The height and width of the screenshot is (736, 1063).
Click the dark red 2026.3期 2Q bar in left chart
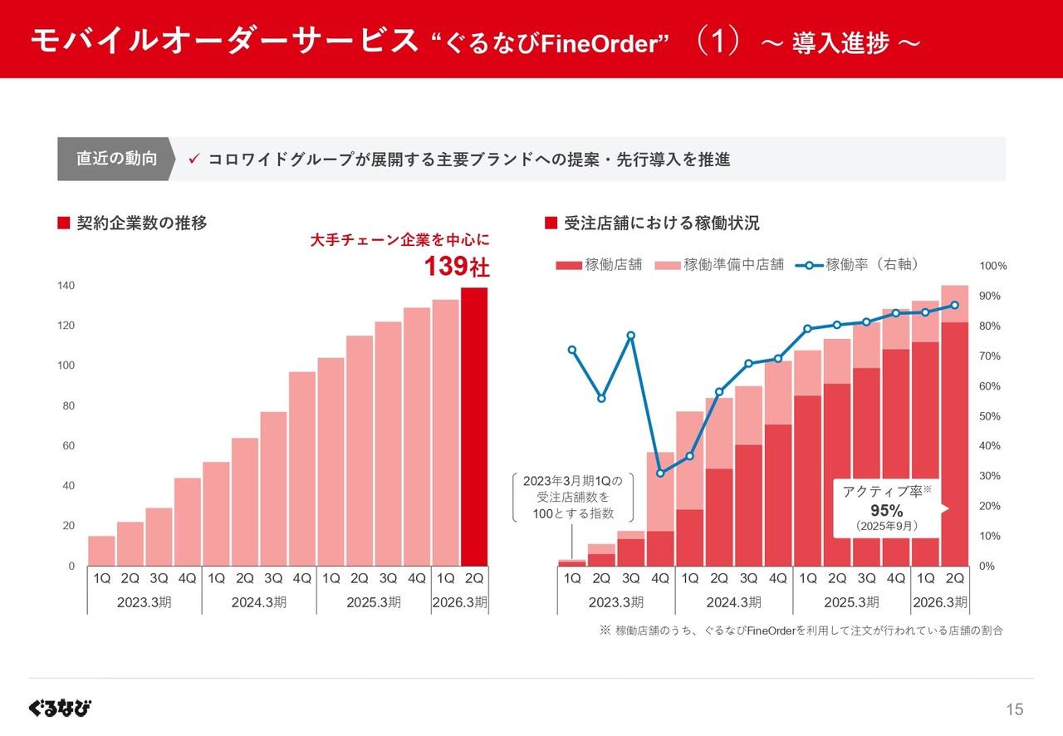(x=474, y=426)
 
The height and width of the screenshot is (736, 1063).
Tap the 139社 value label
(x=457, y=267)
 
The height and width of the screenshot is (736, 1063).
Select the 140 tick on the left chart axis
(x=65, y=286)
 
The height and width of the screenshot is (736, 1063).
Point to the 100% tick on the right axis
(x=993, y=266)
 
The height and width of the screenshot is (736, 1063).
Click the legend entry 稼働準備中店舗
(x=720, y=265)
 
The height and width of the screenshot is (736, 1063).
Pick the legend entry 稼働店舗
(x=600, y=265)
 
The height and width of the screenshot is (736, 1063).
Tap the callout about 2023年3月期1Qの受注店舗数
(x=573, y=497)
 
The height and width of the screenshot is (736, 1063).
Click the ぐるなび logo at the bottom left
(x=60, y=708)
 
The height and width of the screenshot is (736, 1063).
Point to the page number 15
(x=1015, y=709)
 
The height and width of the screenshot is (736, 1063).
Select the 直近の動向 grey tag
(x=116, y=159)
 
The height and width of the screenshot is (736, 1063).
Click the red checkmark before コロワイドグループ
(x=193, y=159)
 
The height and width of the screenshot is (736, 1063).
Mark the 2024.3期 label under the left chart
(x=258, y=602)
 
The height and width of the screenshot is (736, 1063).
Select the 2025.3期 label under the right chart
(x=851, y=602)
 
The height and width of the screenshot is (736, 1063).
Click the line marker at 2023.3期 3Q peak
(x=631, y=336)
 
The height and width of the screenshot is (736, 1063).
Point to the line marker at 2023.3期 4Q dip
(x=660, y=473)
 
